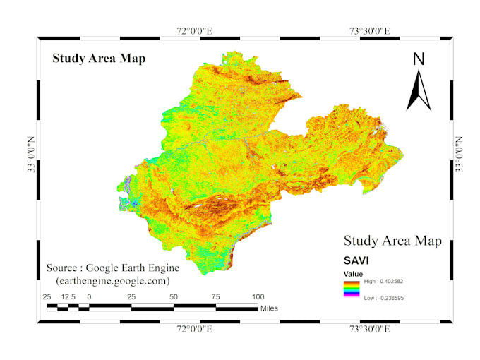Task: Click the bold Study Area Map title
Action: tap(99, 59)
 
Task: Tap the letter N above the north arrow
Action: tap(419, 59)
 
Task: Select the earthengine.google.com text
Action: tap(113, 280)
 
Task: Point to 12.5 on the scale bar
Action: tap(68, 296)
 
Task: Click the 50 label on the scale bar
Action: tap(174, 296)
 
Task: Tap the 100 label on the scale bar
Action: tap(258, 296)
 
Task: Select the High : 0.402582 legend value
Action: tap(389, 281)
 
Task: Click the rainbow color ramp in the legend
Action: tap(352, 289)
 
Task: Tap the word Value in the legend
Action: tap(353, 273)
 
